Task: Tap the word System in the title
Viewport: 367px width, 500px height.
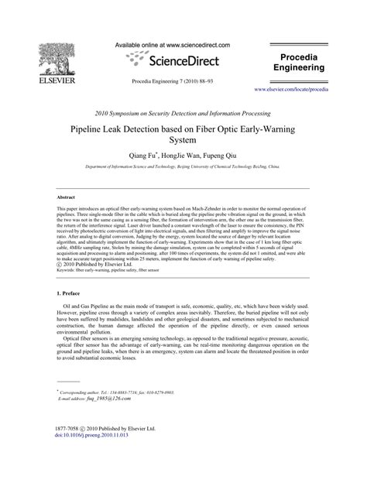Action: coord(183,142)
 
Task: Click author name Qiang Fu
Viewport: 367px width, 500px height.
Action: coord(141,155)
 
